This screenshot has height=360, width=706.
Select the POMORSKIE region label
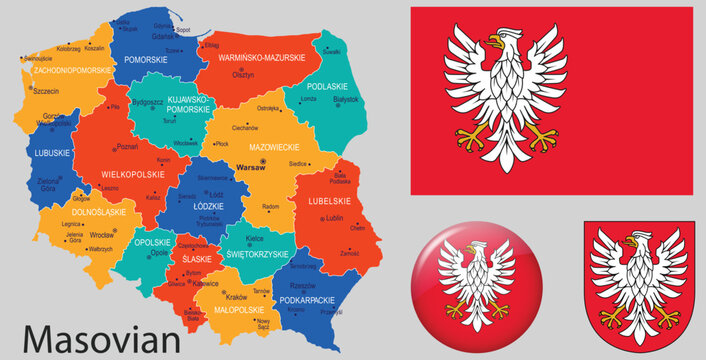145,60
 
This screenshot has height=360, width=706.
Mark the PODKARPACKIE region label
306,299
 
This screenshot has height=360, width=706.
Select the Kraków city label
237,297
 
